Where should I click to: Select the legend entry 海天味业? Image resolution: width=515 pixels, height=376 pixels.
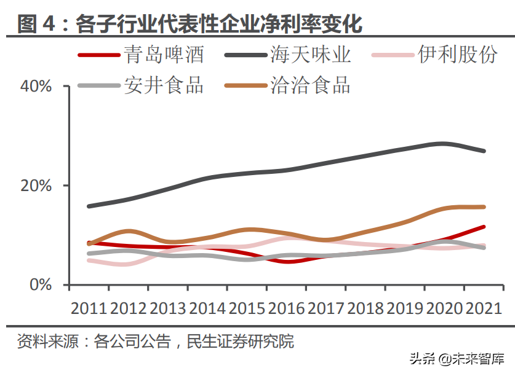coord(311,55)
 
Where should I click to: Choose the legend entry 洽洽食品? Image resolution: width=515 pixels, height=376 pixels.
coord(311,85)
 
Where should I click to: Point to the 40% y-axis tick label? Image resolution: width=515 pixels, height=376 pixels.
coord(36,87)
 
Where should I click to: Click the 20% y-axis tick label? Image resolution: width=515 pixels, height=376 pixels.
coord(36,186)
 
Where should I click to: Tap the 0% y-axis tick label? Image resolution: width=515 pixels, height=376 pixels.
coord(42,285)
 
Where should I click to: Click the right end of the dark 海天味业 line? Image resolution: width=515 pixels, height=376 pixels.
coord(484,151)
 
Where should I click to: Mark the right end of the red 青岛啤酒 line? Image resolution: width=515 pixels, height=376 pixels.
coord(484,227)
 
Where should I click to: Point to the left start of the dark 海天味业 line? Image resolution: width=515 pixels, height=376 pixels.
coord(89,206)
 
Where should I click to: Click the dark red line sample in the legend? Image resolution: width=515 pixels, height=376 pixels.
coord(98,55)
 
